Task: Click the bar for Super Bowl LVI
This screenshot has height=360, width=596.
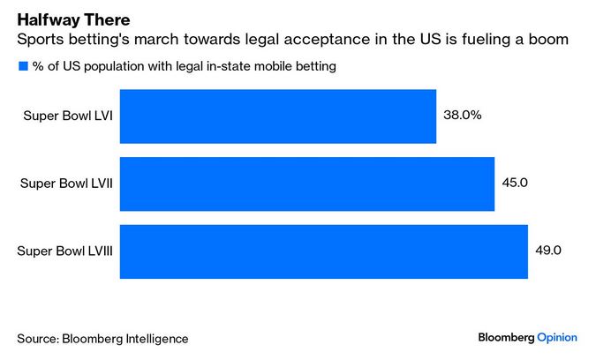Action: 277,116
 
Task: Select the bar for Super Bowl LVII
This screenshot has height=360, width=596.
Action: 306,184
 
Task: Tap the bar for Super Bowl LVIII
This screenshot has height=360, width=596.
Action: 323,251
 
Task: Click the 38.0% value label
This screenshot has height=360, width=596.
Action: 463,115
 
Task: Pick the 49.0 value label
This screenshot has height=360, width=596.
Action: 548,251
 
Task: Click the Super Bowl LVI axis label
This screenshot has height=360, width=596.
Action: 67,116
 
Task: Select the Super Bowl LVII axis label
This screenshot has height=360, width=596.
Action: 65,184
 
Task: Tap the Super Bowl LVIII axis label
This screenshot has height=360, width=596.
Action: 64,251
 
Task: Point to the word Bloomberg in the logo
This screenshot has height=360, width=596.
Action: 506,337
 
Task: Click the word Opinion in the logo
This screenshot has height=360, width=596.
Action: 557,337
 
